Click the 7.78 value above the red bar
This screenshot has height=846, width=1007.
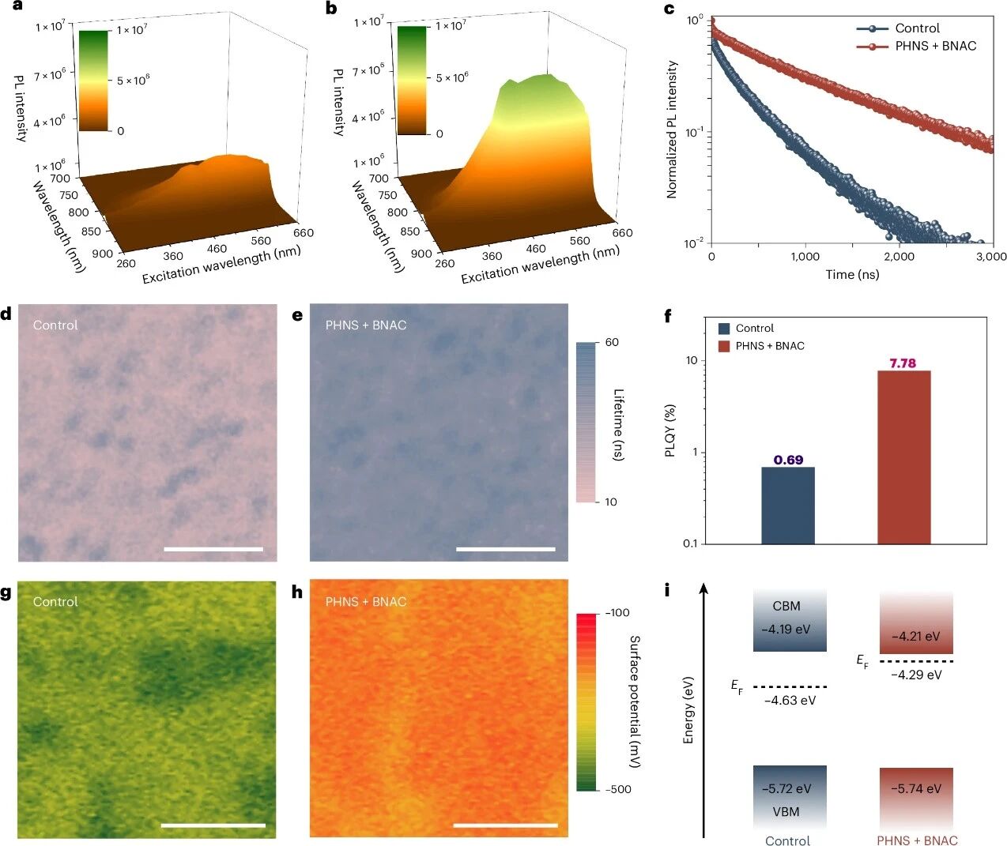coord(902,363)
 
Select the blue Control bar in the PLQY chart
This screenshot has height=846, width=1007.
coord(787,506)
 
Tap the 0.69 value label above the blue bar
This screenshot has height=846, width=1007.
coord(788,460)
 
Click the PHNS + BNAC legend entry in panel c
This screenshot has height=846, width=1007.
coord(935,46)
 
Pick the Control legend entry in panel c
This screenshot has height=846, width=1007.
coord(917,28)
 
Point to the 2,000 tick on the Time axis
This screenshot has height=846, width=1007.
coord(899,256)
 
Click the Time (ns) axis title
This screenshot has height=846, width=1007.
coord(852,275)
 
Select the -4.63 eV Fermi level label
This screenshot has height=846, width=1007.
coord(790,700)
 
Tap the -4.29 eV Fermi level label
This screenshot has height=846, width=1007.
coord(916,675)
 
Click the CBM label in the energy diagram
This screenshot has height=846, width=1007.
coord(786,606)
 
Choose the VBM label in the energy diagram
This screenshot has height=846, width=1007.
coord(786,811)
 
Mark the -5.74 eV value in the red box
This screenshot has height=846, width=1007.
coord(916,788)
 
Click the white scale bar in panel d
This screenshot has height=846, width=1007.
coord(213,548)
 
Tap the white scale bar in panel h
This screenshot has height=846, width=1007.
coord(506,825)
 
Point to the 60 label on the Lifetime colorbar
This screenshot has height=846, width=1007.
coord(612,342)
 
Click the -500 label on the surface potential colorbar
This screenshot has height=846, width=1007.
coord(617,789)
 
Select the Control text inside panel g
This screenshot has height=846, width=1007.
coord(55,601)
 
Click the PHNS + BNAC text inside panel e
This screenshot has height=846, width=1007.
coord(366,325)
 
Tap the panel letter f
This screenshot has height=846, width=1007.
coord(668,317)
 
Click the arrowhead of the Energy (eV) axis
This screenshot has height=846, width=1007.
coord(703,588)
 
